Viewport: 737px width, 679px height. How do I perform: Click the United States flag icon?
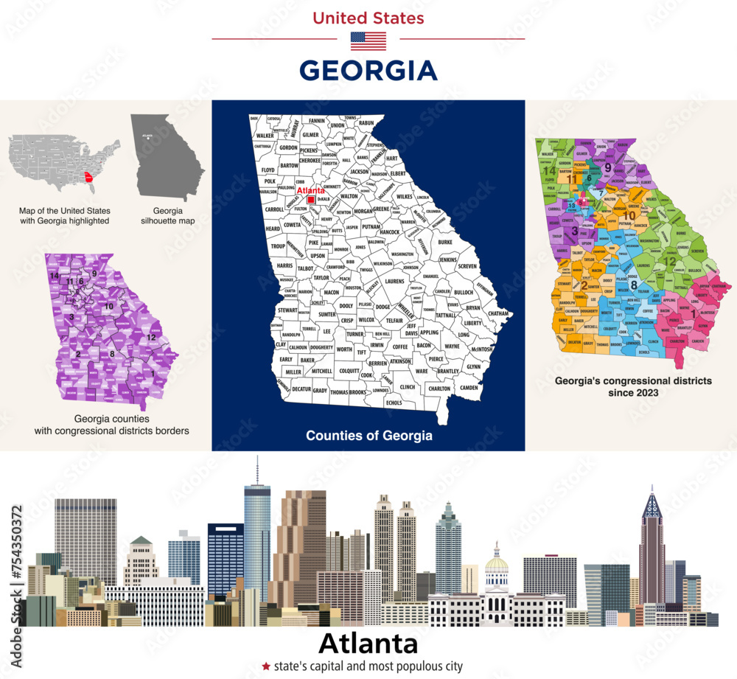368,41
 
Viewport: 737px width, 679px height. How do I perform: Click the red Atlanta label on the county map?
310,191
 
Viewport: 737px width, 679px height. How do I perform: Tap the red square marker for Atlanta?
312,200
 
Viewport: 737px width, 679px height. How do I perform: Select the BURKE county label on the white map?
445,241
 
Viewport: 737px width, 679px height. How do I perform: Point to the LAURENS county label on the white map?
394,281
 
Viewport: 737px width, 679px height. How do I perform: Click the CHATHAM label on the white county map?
499,314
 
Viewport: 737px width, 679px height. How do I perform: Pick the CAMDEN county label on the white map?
468,387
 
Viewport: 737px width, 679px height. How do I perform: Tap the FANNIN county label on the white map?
317,120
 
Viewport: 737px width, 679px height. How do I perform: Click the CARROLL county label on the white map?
274,209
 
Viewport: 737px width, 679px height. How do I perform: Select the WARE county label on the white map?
421,371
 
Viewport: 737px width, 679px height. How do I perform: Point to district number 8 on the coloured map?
633,285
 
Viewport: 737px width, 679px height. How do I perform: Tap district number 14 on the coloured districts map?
548,170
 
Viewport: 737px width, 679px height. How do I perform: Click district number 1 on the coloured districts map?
691,314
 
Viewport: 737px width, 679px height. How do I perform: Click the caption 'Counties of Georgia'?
368,436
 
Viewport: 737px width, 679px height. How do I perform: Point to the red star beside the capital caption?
265,666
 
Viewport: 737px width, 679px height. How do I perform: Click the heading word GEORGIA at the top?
368,71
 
